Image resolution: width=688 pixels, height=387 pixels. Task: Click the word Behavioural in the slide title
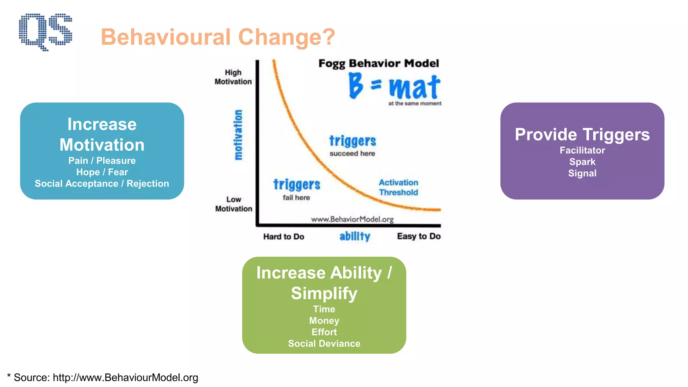click(x=166, y=37)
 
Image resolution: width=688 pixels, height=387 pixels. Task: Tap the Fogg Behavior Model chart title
click(x=379, y=63)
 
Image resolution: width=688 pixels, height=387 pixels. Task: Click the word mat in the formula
click(x=415, y=87)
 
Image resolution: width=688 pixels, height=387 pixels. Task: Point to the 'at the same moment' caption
click(x=415, y=103)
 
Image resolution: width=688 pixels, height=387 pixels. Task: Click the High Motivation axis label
click(x=233, y=77)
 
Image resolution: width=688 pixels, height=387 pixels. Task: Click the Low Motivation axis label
click(x=233, y=204)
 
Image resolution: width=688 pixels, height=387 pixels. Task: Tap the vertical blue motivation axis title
click(x=238, y=135)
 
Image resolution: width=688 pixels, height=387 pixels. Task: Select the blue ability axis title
click(x=355, y=236)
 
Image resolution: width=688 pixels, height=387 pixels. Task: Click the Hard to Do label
click(x=284, y=236)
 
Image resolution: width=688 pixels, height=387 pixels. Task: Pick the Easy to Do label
click(x=419, y=236)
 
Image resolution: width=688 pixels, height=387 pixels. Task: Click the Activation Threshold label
click(x=398, y=187)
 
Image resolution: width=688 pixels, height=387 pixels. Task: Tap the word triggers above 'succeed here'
click(x=352, y=141)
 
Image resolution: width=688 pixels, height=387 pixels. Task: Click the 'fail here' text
click(x=296, y=198)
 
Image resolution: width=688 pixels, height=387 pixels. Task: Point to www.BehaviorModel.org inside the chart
click(x=352, y=219)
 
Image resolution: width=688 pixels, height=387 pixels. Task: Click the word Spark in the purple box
click(x=582, y=162)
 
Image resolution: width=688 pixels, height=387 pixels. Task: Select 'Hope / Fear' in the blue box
click(x=102, y=172)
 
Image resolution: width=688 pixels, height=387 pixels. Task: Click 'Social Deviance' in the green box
click(x=324, y=343)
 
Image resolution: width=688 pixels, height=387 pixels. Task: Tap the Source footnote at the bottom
click(x=102, y=377)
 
